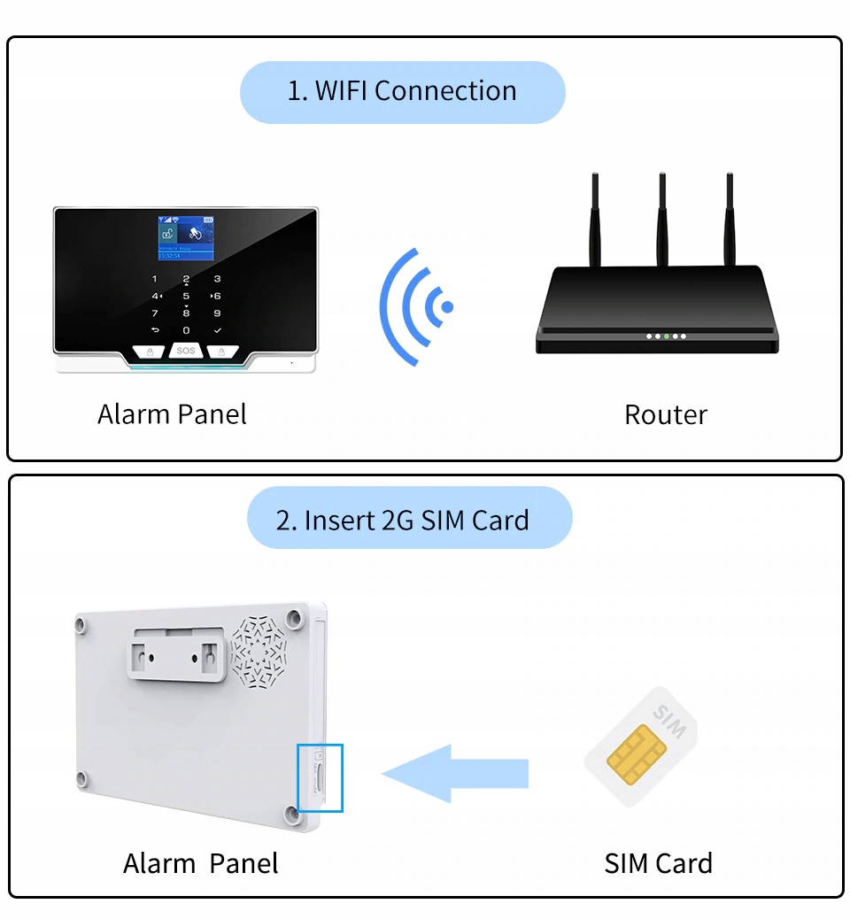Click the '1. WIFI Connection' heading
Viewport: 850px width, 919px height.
402,91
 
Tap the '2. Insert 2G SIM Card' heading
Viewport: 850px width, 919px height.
403,520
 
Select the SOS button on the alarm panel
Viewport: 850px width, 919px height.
185,351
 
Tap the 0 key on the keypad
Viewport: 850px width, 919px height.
186,329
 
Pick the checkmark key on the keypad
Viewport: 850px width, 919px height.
218,329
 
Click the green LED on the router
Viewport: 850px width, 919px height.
666,336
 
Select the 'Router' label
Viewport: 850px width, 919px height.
666,414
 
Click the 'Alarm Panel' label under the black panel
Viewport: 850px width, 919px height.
172,413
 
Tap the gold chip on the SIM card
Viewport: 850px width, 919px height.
636,754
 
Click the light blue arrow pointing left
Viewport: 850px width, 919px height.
455,774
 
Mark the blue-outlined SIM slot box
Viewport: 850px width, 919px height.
320,777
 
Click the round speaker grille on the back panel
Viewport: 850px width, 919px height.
259,653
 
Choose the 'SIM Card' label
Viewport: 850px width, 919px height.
658,863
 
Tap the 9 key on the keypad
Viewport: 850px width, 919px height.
218,313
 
